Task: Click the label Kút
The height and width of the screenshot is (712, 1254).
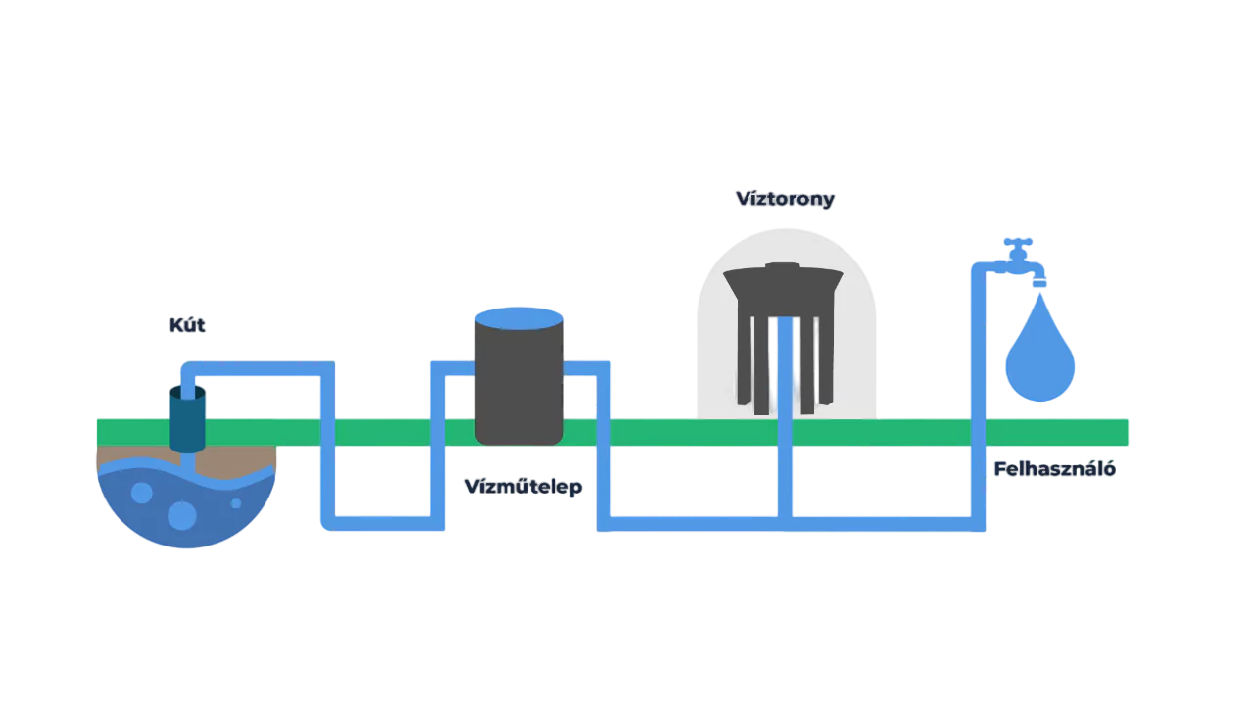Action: click(187, 325)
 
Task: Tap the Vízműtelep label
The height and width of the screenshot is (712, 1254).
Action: click(522, 487)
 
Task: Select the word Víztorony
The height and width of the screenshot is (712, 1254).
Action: click(786, 200)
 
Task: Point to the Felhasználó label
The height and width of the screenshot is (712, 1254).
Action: click(1054, 469)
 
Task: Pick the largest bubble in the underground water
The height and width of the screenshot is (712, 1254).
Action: click(182, 514)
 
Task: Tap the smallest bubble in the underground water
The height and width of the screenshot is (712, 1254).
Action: click(236, 503)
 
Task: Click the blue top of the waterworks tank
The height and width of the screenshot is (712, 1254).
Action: click(518, 317)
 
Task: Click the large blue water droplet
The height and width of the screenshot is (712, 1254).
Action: click(1040, 357)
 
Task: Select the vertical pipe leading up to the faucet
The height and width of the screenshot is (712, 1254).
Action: click(976, 392)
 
